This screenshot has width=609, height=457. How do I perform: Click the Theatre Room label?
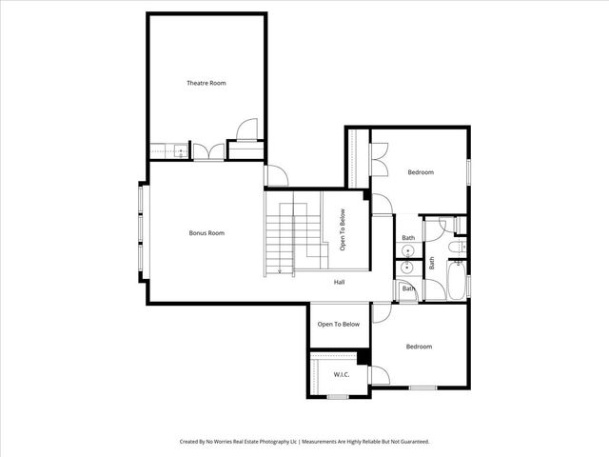[206, 84]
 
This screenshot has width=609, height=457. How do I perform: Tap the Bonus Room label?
[206, 233]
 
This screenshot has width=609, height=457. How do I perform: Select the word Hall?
[339, 283]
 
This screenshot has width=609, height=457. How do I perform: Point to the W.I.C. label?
[341, 375]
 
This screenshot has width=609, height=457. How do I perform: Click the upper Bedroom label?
[421, 172]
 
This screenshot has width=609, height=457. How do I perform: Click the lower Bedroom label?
[419, 347]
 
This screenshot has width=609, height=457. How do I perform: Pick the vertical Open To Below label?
[342, 230]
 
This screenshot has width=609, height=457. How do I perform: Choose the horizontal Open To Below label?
[339, 325]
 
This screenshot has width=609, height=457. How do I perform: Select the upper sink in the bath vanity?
[407, 251]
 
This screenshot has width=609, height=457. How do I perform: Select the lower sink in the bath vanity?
[407, 269]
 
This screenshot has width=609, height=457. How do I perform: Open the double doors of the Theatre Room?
[206, 150]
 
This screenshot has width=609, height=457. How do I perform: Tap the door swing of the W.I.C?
[380, 375]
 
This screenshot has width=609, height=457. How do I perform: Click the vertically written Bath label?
[431, 262]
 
